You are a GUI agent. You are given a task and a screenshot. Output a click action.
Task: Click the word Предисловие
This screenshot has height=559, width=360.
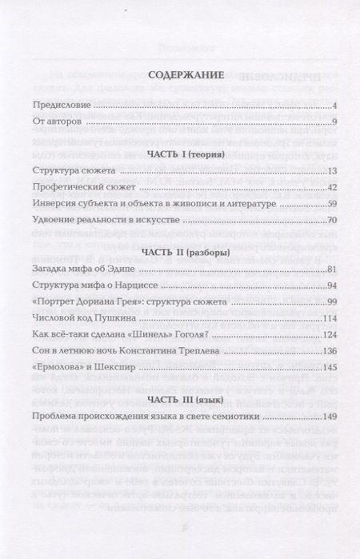[61, 105]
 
